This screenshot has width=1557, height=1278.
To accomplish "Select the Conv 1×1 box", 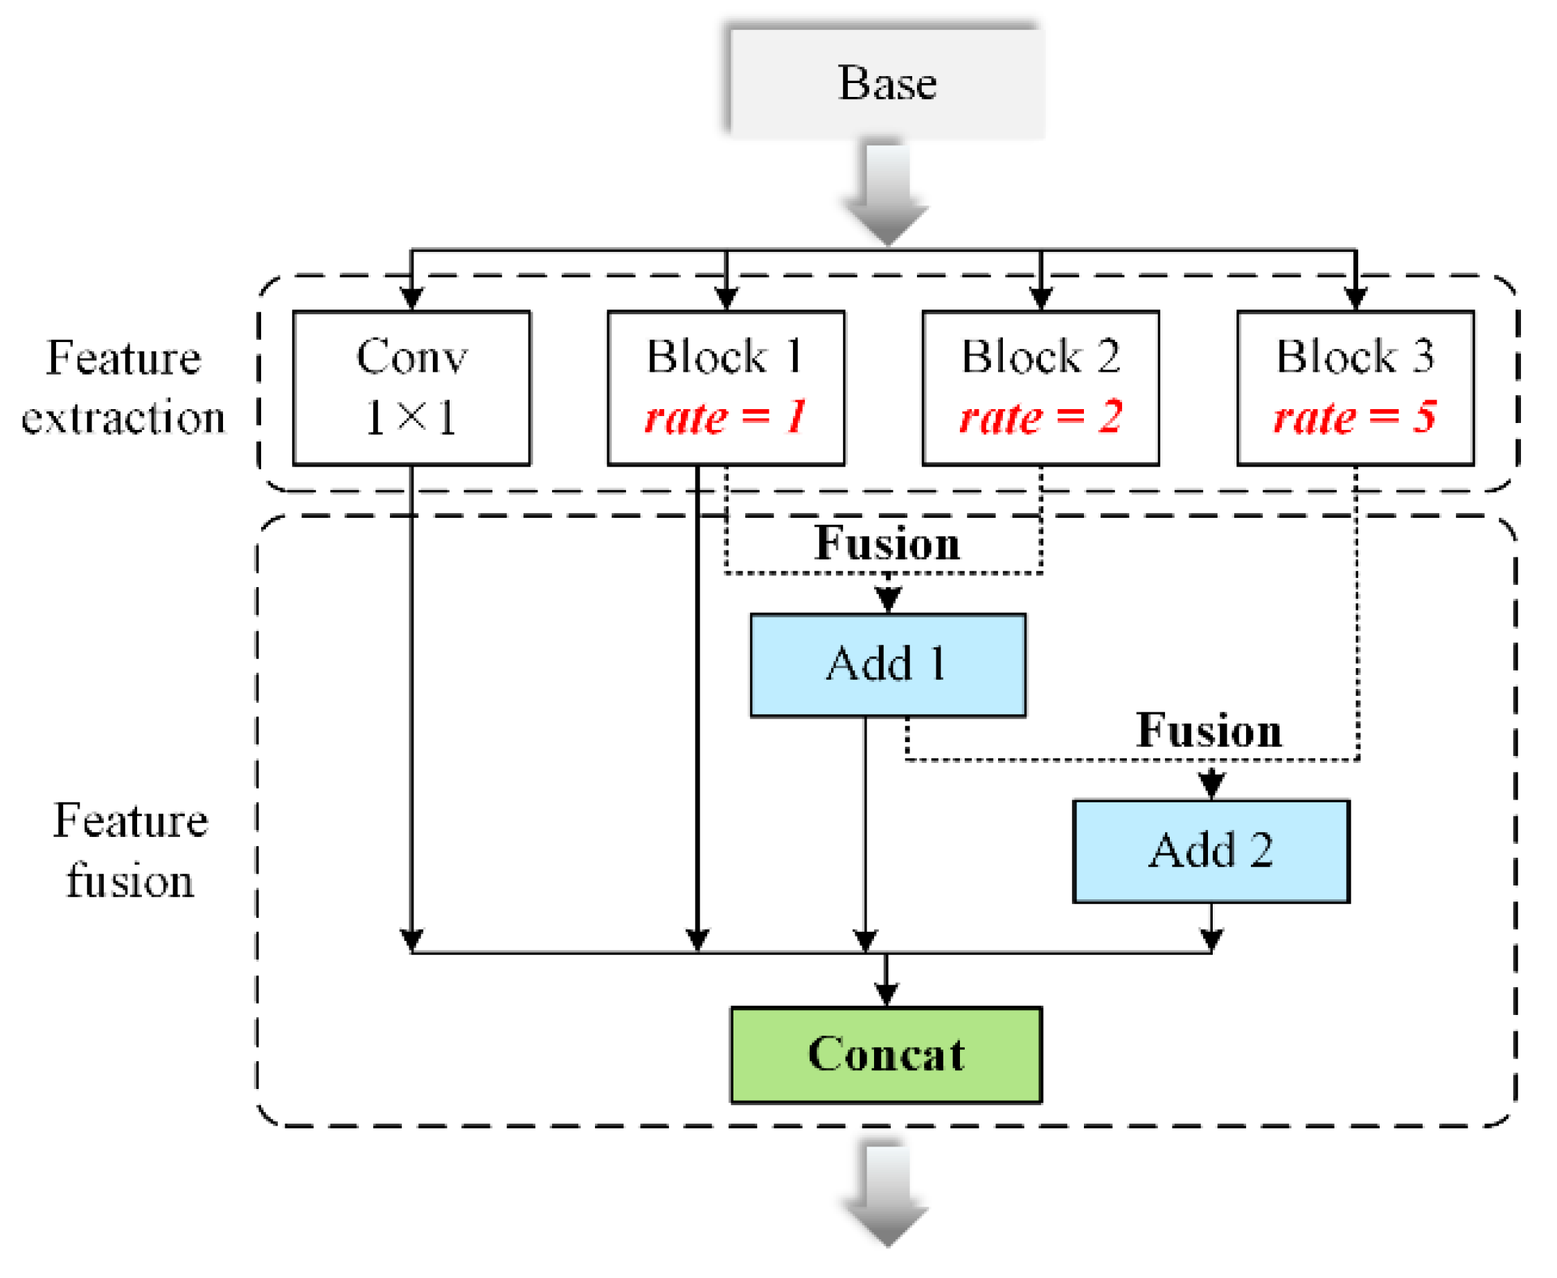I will click(x=411, y=388).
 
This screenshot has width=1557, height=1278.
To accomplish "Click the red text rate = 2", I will click(x=1040, y=417).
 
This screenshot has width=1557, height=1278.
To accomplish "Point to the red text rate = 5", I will click(x=1354, y=417).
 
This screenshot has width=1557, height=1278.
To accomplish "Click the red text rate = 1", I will click(x=725, y=417).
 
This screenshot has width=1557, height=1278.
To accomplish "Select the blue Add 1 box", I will click(x=887, y=664).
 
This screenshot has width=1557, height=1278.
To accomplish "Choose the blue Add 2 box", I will click(x=1210, y=850).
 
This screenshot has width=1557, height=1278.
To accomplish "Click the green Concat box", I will click(x=885, y=1054).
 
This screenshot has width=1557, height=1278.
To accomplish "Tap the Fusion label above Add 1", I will click(x=887, y=543).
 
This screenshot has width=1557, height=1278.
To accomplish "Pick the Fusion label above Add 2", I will click(x=1209, y=730).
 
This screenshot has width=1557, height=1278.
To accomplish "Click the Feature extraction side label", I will click(x=123, y=387).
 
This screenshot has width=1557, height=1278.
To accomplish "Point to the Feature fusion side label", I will click(x=130, y=850).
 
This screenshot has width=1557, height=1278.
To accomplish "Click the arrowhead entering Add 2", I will click(x=1211, y=786).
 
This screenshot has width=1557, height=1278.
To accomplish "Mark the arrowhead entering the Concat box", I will click(x=885, y=995).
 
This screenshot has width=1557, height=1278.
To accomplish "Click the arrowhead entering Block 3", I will click(x=1355, y=298).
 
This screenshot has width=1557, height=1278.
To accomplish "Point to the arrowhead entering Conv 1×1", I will click(x=411, y=298).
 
